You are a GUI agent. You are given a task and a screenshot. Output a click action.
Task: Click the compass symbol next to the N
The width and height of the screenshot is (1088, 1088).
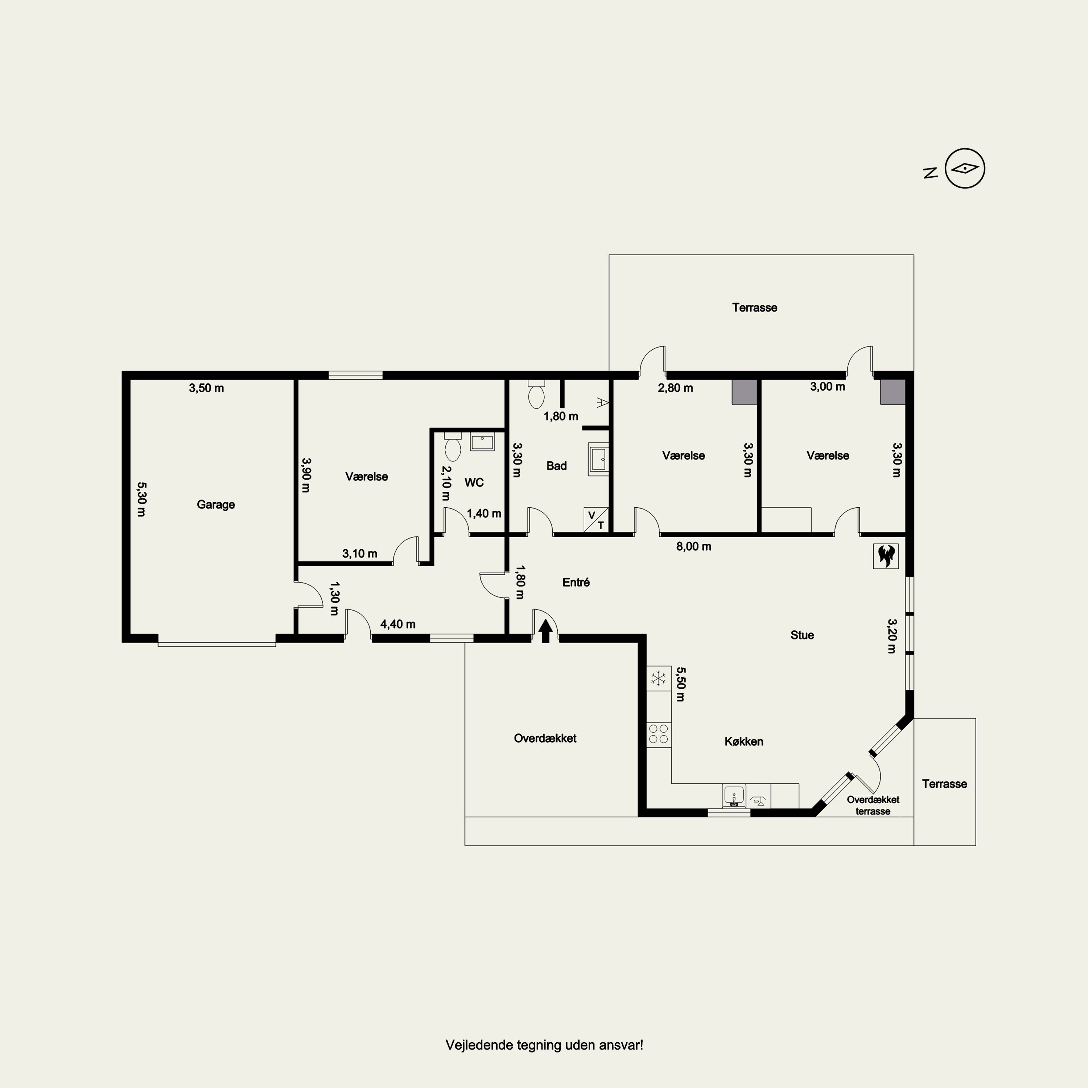tap(965, 168)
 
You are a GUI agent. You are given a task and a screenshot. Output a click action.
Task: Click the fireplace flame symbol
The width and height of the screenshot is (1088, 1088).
tap(886, 556)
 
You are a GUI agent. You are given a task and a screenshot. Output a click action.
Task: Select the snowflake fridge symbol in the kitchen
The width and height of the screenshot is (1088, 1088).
tap(658, 678)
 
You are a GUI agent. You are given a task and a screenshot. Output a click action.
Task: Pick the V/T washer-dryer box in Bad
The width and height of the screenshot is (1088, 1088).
tap(596, 520)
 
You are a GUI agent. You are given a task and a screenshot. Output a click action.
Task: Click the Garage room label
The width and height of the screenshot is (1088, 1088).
tap(216, 504)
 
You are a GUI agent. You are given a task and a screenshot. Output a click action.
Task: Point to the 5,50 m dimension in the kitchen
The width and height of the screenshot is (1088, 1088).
tap(680, 684)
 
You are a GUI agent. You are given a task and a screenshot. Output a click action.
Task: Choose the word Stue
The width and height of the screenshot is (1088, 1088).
tap(802, 635)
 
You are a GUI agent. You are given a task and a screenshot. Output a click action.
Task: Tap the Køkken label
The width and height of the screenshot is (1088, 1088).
tap(744, 742)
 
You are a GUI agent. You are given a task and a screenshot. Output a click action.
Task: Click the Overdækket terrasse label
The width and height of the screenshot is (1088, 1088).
tap(873, 805)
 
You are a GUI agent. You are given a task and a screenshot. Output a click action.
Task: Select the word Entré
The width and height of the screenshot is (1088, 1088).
tap(576, 582)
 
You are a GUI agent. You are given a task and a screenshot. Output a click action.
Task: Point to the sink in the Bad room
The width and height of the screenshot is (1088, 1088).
tap(598, 459)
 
